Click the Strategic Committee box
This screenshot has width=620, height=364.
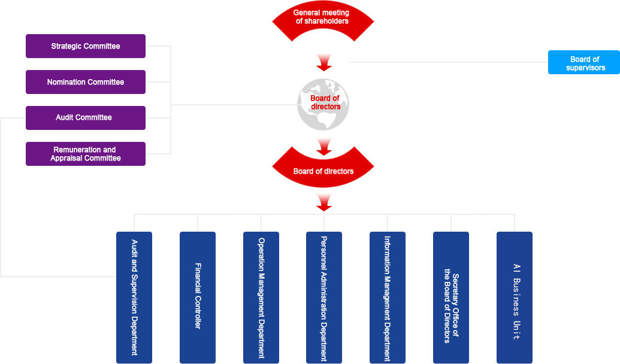pos(86,46)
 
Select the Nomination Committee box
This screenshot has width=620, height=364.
pos(86,82)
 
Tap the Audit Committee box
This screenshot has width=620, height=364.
pos(86,118)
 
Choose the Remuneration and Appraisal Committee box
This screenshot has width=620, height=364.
pos(86,154)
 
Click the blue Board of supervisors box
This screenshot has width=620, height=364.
pos(584,62)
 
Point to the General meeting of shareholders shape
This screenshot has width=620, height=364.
pos(323,20)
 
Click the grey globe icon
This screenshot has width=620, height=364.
pos(323,105)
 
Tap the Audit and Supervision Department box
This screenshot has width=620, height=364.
pos(134,298)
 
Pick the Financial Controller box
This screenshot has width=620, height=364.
pos(198,298)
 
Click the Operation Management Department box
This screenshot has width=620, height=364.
pos(261,298)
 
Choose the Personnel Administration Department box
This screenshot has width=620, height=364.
pos(324,298)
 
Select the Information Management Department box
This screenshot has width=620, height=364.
pos(388,298)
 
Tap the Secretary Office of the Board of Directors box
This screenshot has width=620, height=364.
pos(451,298)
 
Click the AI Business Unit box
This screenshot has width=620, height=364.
pos(515,298)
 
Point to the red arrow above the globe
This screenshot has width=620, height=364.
pos(324,61)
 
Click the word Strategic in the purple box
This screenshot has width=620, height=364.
pos(66,46)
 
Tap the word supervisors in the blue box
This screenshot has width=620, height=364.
pos(585,68)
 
